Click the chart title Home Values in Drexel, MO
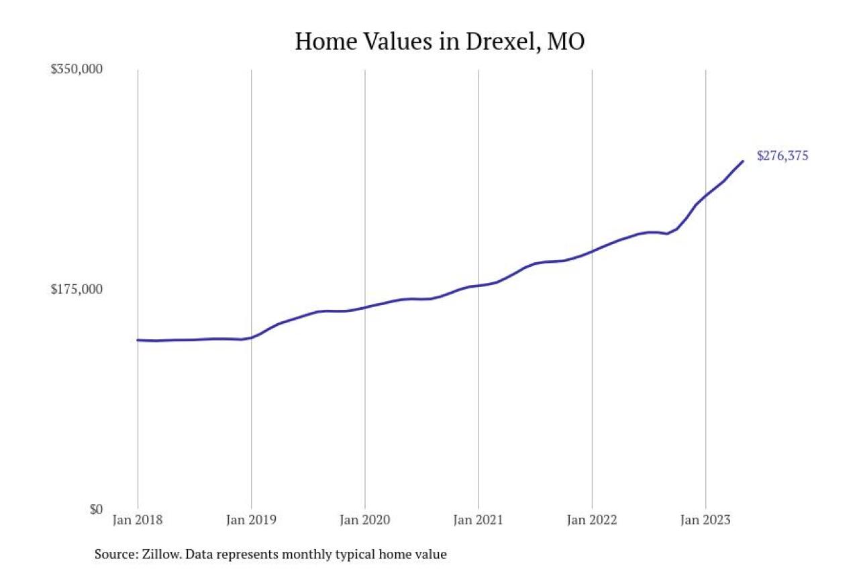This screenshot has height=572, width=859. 440,42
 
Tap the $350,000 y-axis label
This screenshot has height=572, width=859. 77,69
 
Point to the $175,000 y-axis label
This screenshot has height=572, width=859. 77,289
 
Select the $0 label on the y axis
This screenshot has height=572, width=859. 97,510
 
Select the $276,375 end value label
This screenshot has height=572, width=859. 782,156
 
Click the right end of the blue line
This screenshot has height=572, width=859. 742,161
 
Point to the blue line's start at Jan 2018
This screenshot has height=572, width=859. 138,340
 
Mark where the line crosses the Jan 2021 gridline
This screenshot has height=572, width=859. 478,286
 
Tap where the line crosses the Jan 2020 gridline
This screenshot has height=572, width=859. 364,307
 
